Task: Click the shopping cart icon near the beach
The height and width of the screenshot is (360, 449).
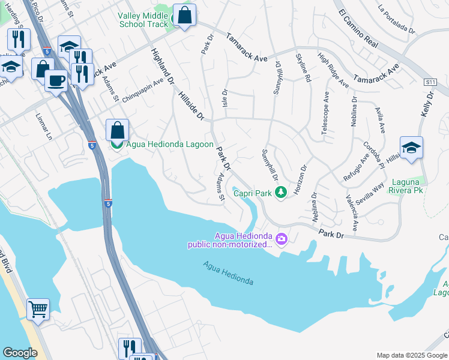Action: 38,310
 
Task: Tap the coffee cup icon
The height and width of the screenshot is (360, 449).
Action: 56,80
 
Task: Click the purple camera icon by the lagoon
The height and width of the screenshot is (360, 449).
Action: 282,240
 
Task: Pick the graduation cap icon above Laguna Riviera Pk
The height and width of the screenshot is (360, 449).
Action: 411,148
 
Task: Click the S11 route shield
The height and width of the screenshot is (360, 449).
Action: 429,82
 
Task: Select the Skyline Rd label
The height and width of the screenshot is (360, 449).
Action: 304,67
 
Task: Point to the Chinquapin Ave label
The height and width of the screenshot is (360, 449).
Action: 143,90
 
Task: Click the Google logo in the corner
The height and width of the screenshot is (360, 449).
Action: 20,352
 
